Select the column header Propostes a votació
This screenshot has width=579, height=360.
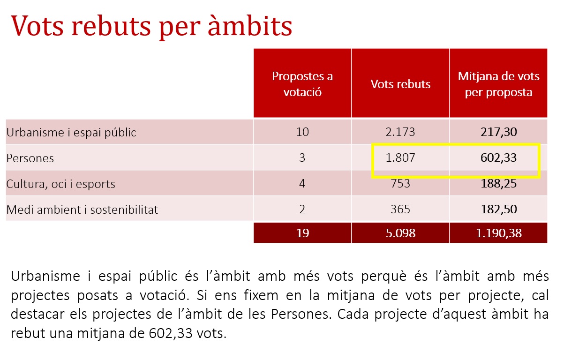pyautogui.click(x=302, y=84)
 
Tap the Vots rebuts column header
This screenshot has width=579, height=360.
pyautogui.click(x=400, y=84)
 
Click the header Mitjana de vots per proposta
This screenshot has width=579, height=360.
pyautogui.click(x=498, y=84)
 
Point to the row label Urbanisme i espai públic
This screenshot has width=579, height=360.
pyautogui.click(x=71, y=133)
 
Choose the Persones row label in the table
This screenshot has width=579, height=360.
pyautogui.click(x=30, y=158)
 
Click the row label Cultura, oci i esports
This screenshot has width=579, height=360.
pyautogui.click(x=60, y=184)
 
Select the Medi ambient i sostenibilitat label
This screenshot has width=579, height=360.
pyautogui.click(x=82, y=210)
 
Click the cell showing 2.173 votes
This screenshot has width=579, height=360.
pyautogui.click(x=400, y=132)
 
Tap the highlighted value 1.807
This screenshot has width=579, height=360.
pyautogui.click(x=400, y=158)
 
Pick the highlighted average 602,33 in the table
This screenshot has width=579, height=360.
pyautogui.click(x=498, y=158)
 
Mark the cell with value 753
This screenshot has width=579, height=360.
pyautogui.click(x=400, y=184)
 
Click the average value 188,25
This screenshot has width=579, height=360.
pyautogui.click(x=498, y=184)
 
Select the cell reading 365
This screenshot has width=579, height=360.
pyautogui.click(x=400, y=209)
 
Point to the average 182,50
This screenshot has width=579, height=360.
pyautogui.click(x=498, y=209)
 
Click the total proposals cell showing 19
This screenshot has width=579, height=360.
pyautogui.click(x=302, y=233)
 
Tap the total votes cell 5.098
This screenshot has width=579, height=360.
pyautogui.click(x=400, y=233)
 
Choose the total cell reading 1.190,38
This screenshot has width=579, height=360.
pyautogui.click(x=498, y=233)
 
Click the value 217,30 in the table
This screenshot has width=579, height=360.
pyautogui.click(x=498, y=132)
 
